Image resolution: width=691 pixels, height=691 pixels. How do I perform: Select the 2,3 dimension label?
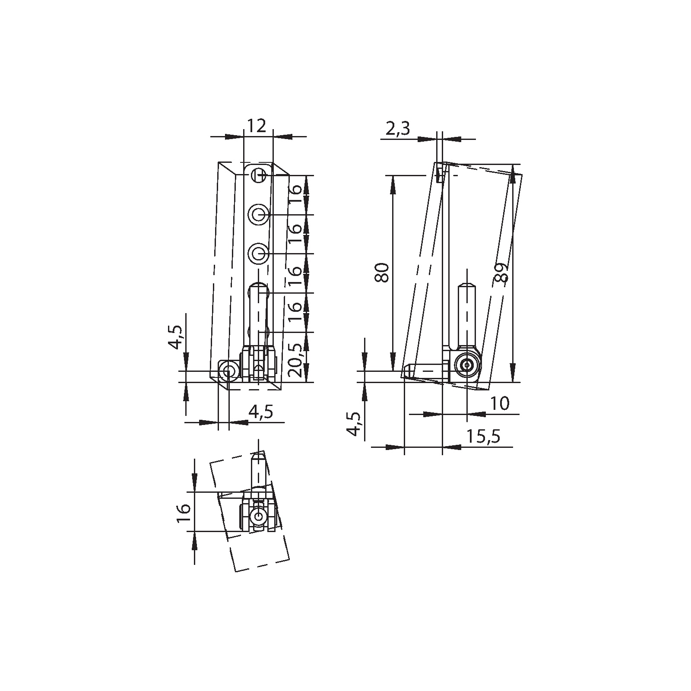(x=397, y=129)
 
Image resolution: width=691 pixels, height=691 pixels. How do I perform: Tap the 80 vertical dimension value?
(x=383, y=273)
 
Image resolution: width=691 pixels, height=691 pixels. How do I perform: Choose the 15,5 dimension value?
(x=483, y=437)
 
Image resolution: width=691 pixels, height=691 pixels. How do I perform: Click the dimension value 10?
(x=500, y=404)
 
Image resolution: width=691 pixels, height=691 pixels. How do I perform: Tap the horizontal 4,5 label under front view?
(x=261, y=412)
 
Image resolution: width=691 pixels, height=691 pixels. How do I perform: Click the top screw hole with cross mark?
(x=259, y=175)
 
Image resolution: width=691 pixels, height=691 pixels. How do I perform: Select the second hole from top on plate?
(x=259, y=214)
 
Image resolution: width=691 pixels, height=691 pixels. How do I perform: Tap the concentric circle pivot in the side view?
(x=467, y=365)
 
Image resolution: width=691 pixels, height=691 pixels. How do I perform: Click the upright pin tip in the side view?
(x=467, y=287)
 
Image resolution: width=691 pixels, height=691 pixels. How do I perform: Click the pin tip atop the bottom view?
(x=258, y=456)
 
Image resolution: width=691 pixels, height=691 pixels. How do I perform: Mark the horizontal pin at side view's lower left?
(x=425, y=371)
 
